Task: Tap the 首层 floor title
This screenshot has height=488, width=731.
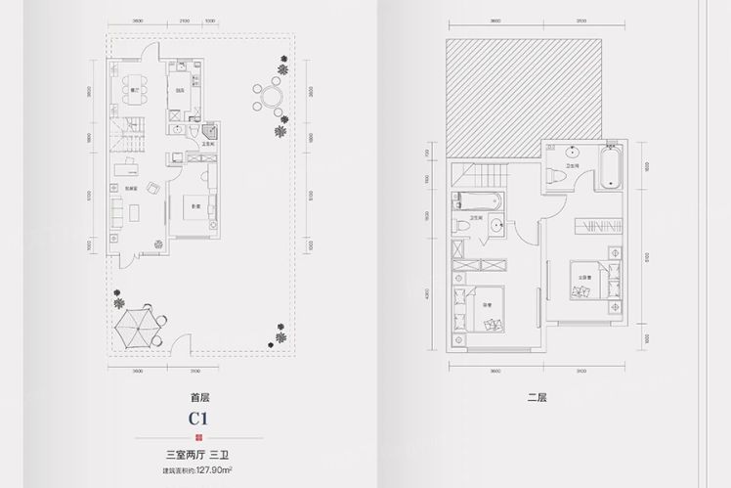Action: click(203, 397)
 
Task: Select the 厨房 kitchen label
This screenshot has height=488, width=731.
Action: click(181, 91)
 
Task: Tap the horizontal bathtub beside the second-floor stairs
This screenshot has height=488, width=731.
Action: click(477, 203)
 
